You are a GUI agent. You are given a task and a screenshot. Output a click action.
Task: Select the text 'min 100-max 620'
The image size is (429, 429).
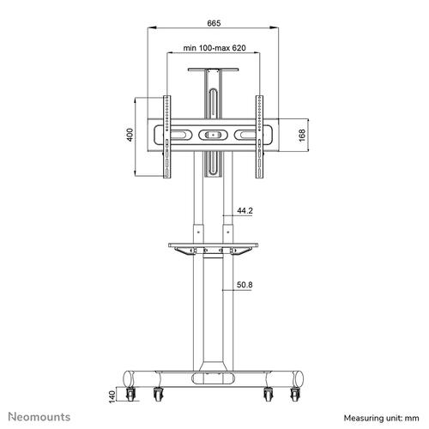click(x=213, y=50)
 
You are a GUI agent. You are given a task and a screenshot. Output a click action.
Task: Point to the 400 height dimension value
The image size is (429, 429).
click(x=130, y=136)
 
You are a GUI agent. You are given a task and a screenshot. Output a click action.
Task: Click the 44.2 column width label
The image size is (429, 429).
click(x=245, y=209)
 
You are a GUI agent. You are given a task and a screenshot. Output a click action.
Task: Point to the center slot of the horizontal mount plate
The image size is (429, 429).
click(x=213, y=135)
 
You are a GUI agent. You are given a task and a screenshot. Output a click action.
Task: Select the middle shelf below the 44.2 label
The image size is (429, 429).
click(x=213, y=248)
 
